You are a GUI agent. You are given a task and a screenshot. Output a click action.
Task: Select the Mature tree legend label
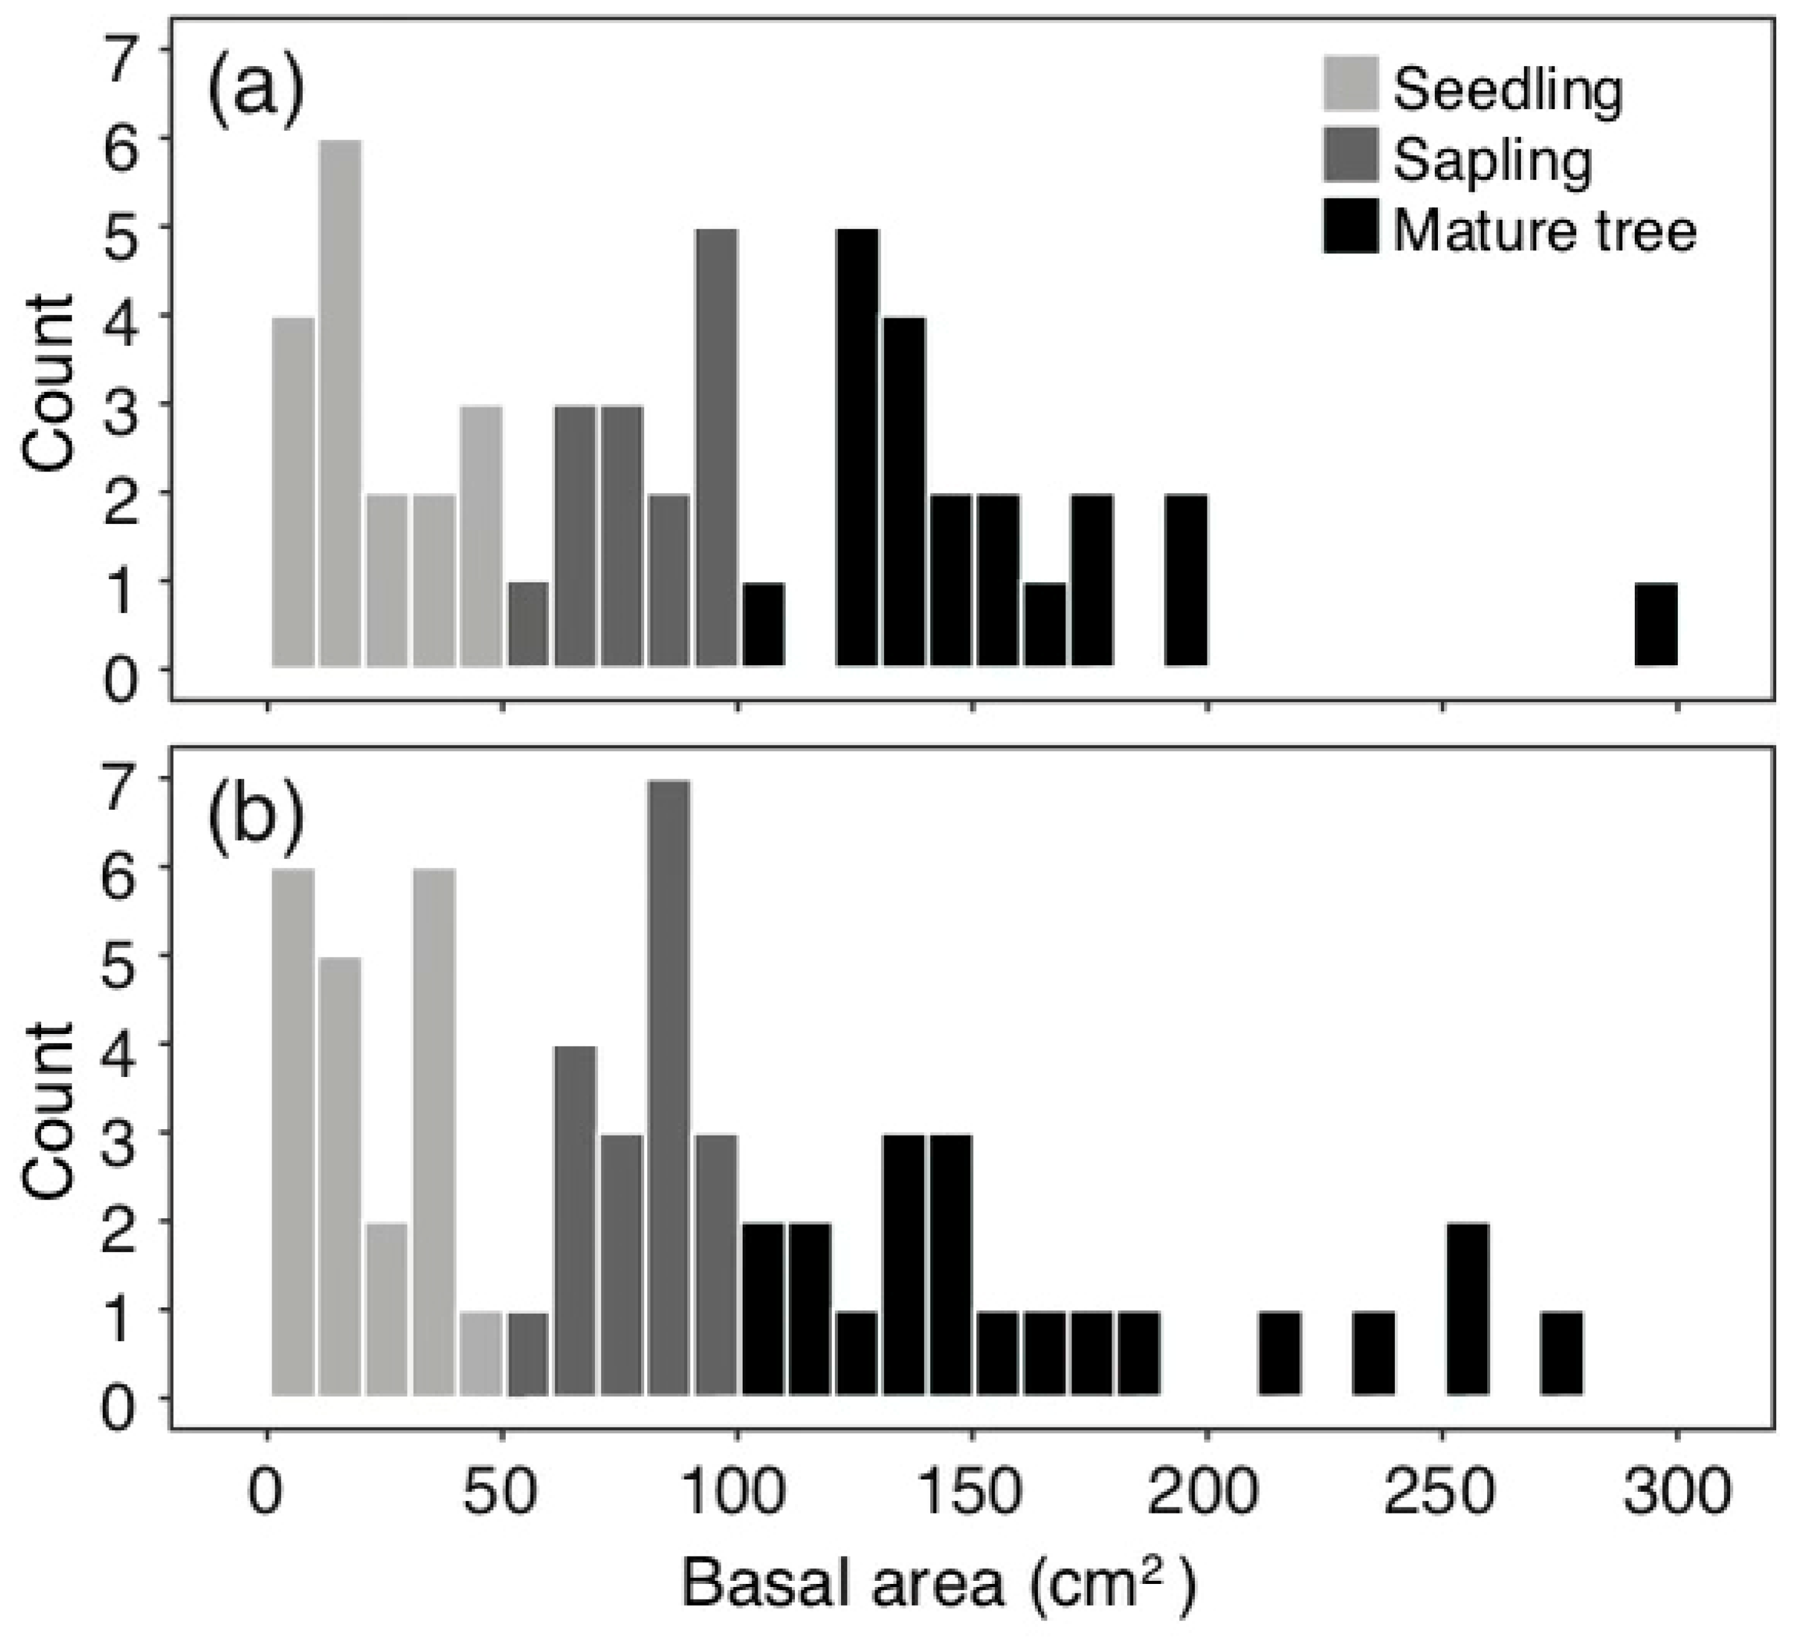(x=1543, y=230)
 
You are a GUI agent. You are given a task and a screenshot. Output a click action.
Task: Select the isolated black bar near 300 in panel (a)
(x=1655, y=624)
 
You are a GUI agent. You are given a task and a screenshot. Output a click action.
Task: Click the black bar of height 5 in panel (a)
(x=857, y=448)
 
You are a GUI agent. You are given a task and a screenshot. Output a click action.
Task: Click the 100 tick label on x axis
(x=736, y=1491)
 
